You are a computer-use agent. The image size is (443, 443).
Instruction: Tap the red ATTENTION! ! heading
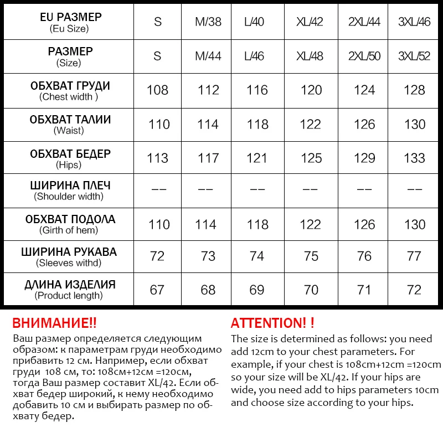click(272, 323)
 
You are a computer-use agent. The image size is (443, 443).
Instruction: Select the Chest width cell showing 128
click(415, 90)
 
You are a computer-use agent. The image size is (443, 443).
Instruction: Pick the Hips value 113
click(158, 158)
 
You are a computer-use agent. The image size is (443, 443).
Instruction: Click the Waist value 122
click(310, 125)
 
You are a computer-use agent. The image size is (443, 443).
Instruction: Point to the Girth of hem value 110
click(159, 225)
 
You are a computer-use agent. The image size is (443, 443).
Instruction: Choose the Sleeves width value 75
click(311, 256)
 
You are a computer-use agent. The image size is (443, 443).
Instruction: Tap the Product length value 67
click(158, 290)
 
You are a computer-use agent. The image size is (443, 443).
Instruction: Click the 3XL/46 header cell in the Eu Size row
click(414, 23)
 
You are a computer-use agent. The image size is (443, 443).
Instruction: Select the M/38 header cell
click(208, 23)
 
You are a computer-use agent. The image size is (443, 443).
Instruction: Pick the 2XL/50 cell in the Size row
click(364, 56)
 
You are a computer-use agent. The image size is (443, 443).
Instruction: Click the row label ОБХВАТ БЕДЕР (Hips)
click(70, 158)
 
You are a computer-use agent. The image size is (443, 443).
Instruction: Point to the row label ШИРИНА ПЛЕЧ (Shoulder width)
click(70, 190)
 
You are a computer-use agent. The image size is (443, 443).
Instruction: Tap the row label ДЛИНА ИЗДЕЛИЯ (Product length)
click(70, 290)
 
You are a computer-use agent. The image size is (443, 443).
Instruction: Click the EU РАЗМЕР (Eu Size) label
click(70, 22)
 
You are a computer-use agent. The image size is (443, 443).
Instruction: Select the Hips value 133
click(415, 158)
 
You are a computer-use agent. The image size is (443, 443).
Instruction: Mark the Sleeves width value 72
click(158, 256)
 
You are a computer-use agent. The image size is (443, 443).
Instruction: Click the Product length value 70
click(311, 290)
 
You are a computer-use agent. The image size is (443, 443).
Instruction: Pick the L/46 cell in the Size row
click(254, 56)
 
